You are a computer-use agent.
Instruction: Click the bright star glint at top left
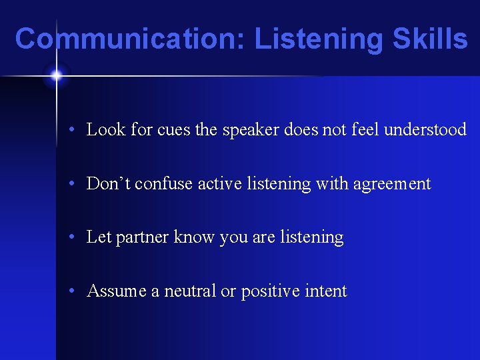click(56, 75)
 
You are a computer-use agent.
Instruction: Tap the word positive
click(271, 292)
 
